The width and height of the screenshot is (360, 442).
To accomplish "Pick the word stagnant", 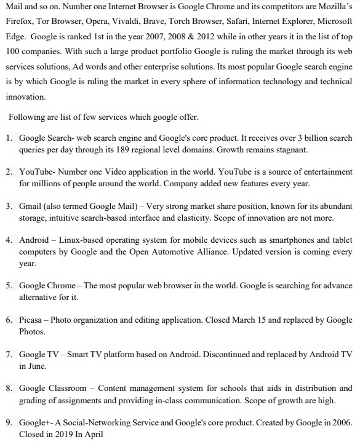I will (291, 149).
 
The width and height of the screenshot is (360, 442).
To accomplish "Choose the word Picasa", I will (31, 320).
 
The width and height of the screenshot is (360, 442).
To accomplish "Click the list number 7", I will (9, 355).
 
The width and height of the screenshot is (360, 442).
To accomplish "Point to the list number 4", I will (9, 240).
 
